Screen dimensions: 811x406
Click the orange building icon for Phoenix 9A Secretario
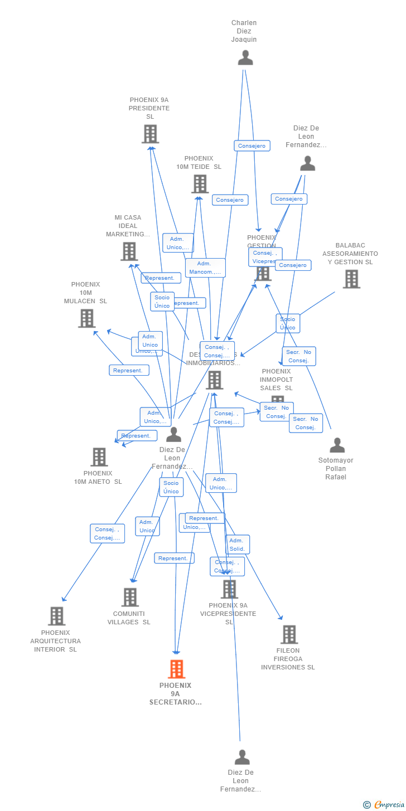(176, 669)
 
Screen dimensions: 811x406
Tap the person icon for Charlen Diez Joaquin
(245, 58)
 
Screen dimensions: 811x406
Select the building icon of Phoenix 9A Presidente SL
(150, 134)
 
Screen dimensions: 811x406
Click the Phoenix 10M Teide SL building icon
(200, 184)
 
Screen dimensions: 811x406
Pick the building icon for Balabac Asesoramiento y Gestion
(351, 279)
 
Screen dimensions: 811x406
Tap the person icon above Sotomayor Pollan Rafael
(337, 445)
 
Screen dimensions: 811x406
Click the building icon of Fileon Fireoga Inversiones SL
(289, 634)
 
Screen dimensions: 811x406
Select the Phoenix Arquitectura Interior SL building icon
(56, 616)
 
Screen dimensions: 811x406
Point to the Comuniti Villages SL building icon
(130, 597)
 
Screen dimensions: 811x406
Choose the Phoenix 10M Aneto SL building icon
(99, 457)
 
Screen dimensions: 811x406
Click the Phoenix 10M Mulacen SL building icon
(86, 318)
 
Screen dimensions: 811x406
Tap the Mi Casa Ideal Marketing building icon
(129, 251)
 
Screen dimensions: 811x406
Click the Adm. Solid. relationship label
(238, 545)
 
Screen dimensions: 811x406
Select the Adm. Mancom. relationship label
(205, 268)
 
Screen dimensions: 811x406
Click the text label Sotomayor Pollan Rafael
(336, 469)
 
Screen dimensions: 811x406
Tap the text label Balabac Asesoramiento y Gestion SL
(350, 254)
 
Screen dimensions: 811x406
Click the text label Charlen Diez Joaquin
(244, 31)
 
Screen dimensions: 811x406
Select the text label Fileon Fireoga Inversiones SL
(288, 659)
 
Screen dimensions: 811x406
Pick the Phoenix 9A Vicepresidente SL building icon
(229, 589)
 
